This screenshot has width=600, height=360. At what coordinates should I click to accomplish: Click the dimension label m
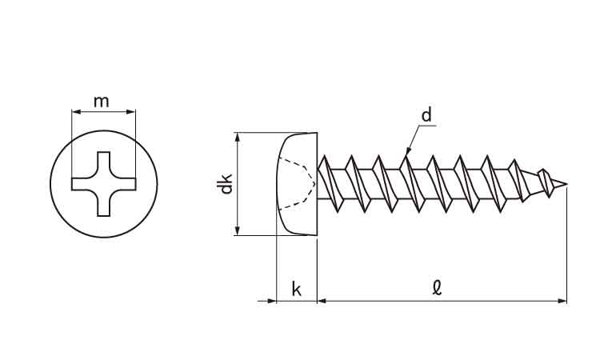pyautogui.click(x=102, y=101)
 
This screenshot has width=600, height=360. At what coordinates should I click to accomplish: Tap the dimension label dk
pyautogui.click(x=226, y=185)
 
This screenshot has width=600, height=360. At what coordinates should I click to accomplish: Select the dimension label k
pyautogui.click(x=297, y=289)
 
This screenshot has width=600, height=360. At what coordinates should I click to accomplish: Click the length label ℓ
pyautogui.click(x=437, y=286)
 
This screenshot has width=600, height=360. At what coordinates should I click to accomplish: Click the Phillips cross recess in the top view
pyautogui.click(x=103, y=184)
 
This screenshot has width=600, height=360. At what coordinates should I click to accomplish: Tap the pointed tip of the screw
pyautogui.click(x=566, y=186)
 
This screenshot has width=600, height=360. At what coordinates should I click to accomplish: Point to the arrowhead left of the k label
pyautogui.click(x=271, y=301)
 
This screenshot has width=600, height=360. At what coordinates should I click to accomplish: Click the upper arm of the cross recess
pyautogui.click(x=103, y=163)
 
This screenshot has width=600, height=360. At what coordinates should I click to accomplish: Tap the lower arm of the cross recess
pyautogui.click(x=103, y=205)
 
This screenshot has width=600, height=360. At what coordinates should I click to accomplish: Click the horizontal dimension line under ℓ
pyautogui.click(x=440, y=301)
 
